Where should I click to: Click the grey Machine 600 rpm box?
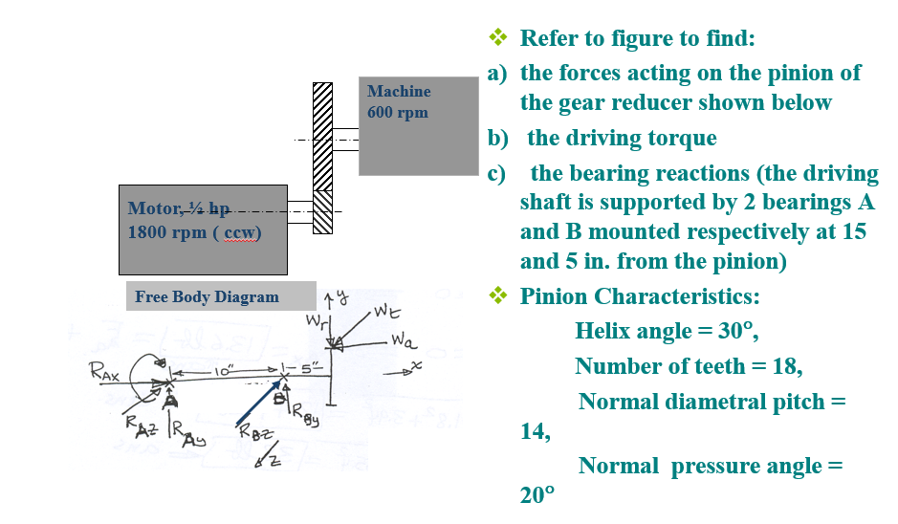click(x=418, y=125)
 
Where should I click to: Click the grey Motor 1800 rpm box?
click(x=202, y=229)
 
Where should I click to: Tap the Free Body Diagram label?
click(x=208, y=296)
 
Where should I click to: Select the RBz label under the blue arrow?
click(x=254, y=436)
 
